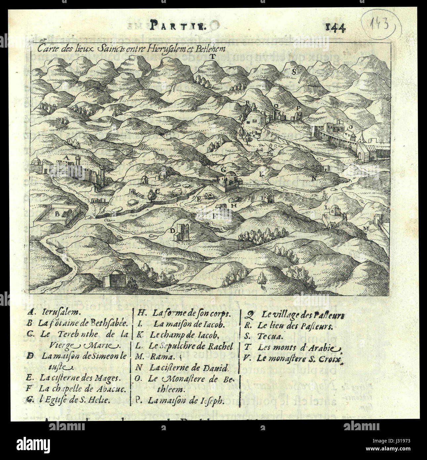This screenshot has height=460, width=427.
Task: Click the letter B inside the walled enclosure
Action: (57, 214)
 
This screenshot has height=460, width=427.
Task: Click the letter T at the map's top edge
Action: (213, 56)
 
